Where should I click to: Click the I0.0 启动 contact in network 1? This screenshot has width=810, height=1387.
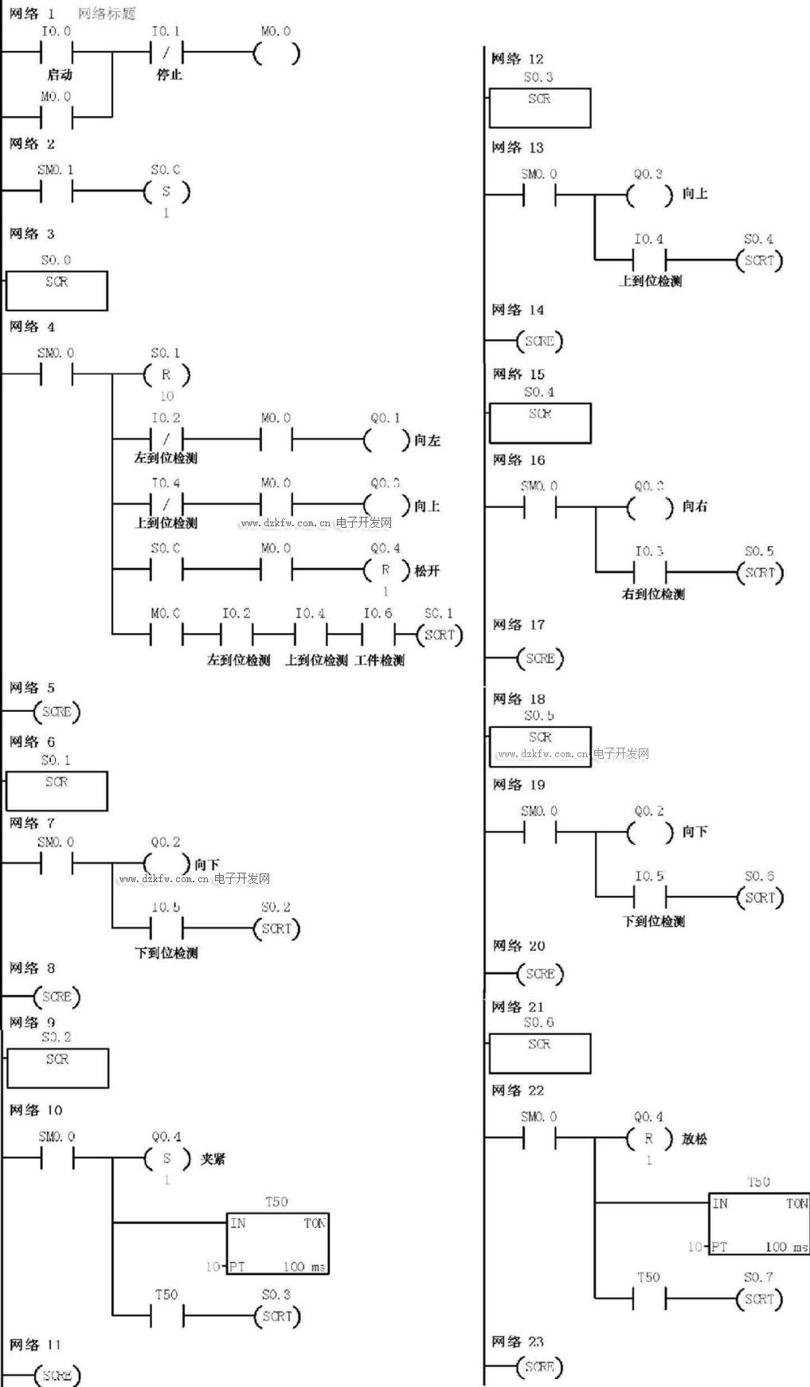(x=56, y=53)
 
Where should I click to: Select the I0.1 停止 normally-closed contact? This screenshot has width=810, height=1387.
(x=166, y=53)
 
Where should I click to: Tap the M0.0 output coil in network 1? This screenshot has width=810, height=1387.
(x=276, y=53)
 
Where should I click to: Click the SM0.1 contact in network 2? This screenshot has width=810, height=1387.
(x=56, y=192)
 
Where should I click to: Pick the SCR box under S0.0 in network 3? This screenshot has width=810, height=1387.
(x=57, y=290)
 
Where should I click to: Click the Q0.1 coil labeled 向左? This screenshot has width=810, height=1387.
(x=386, y=440)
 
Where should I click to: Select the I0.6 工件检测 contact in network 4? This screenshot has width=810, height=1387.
(x=378, y=635)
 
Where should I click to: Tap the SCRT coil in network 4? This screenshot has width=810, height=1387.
(x=439, y=635)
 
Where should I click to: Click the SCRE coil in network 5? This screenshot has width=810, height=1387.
(x=57, y=712)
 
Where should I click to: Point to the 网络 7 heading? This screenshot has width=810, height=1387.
(x=32, y=822)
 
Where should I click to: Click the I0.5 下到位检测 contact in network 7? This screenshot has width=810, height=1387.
(x=166, y=928)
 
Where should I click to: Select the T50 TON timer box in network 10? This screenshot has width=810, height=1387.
(x=277, y=1244)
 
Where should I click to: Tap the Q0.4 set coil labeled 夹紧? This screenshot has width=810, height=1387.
(x=166, y=1158)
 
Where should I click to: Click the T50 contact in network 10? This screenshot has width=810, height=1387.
(x=166, y=1316)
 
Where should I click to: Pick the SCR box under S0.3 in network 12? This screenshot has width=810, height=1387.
(x=539, y=107)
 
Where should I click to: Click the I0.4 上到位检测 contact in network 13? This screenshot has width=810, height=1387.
(x=648, y=260)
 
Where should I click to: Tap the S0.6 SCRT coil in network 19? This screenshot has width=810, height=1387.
(x=760, y=897)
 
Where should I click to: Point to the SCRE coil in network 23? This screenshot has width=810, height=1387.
(x=539, y=1366)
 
